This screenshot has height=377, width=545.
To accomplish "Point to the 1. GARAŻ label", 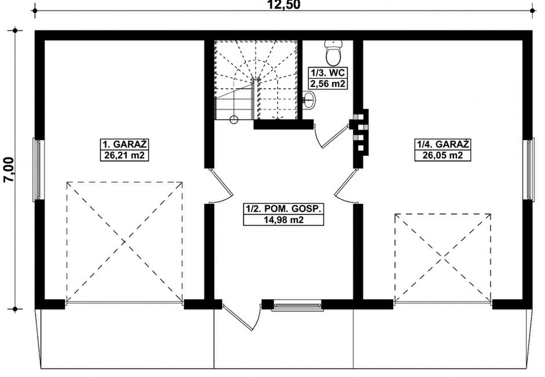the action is click(125, 144).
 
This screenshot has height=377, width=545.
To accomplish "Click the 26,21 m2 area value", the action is click(125, 155).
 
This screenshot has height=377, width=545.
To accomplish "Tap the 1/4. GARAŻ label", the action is click(443, 144).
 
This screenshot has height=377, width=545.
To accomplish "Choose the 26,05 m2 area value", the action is click(443, 155).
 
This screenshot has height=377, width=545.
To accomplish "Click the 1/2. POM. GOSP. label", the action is click(284, 209).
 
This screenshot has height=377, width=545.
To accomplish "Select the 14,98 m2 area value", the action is click(284, 220).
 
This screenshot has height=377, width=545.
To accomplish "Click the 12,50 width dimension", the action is click(283, 5).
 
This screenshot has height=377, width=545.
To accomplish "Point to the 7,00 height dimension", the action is click(8, 170).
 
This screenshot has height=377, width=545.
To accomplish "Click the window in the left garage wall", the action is click(39, 170).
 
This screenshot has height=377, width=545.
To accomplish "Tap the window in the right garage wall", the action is click(528, 169).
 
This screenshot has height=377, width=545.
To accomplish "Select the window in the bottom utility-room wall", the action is click(297, 305).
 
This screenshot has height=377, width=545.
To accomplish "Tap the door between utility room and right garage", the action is click(346, 185).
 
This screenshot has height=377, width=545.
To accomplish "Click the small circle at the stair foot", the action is click(234, 120).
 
